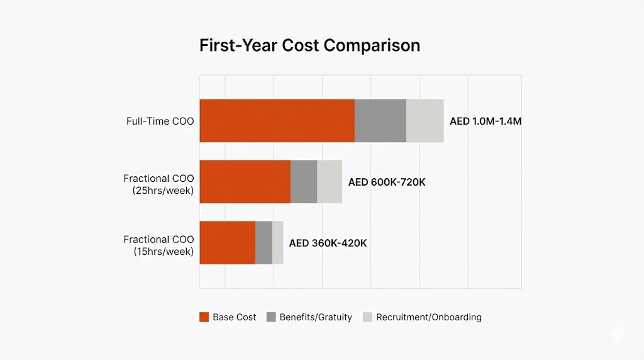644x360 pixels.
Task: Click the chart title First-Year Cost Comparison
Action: coord(309,46)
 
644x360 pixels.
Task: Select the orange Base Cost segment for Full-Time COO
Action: coord(277,121)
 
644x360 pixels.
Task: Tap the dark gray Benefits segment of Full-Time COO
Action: coord(380,121)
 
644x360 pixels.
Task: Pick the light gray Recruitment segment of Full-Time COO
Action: coord(425,121)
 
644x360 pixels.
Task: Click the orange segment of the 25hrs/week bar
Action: coord(245,182)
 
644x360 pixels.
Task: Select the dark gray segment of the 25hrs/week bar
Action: coord(304,182)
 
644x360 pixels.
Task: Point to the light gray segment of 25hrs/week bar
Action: coord(330,182)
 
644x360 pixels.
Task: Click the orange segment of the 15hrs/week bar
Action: coord(227,242)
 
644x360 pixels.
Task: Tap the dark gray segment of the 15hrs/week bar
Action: coord(264,242)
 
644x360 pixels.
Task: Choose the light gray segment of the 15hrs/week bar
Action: coord(277,242)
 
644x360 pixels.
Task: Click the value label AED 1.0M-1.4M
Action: coord(485,121)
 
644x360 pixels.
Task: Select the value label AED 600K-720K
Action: coord(387,182)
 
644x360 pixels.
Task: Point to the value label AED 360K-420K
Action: coord(328,243)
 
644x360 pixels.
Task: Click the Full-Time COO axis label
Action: coord(160,121)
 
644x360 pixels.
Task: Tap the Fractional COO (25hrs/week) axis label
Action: coord(158,184)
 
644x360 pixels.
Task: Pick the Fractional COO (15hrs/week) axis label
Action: coord(158,245)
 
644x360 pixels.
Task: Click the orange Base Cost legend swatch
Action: coord(204,317)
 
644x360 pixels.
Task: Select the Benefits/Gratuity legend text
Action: coord(316,317)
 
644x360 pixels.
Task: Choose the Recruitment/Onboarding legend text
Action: coord(428,317)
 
